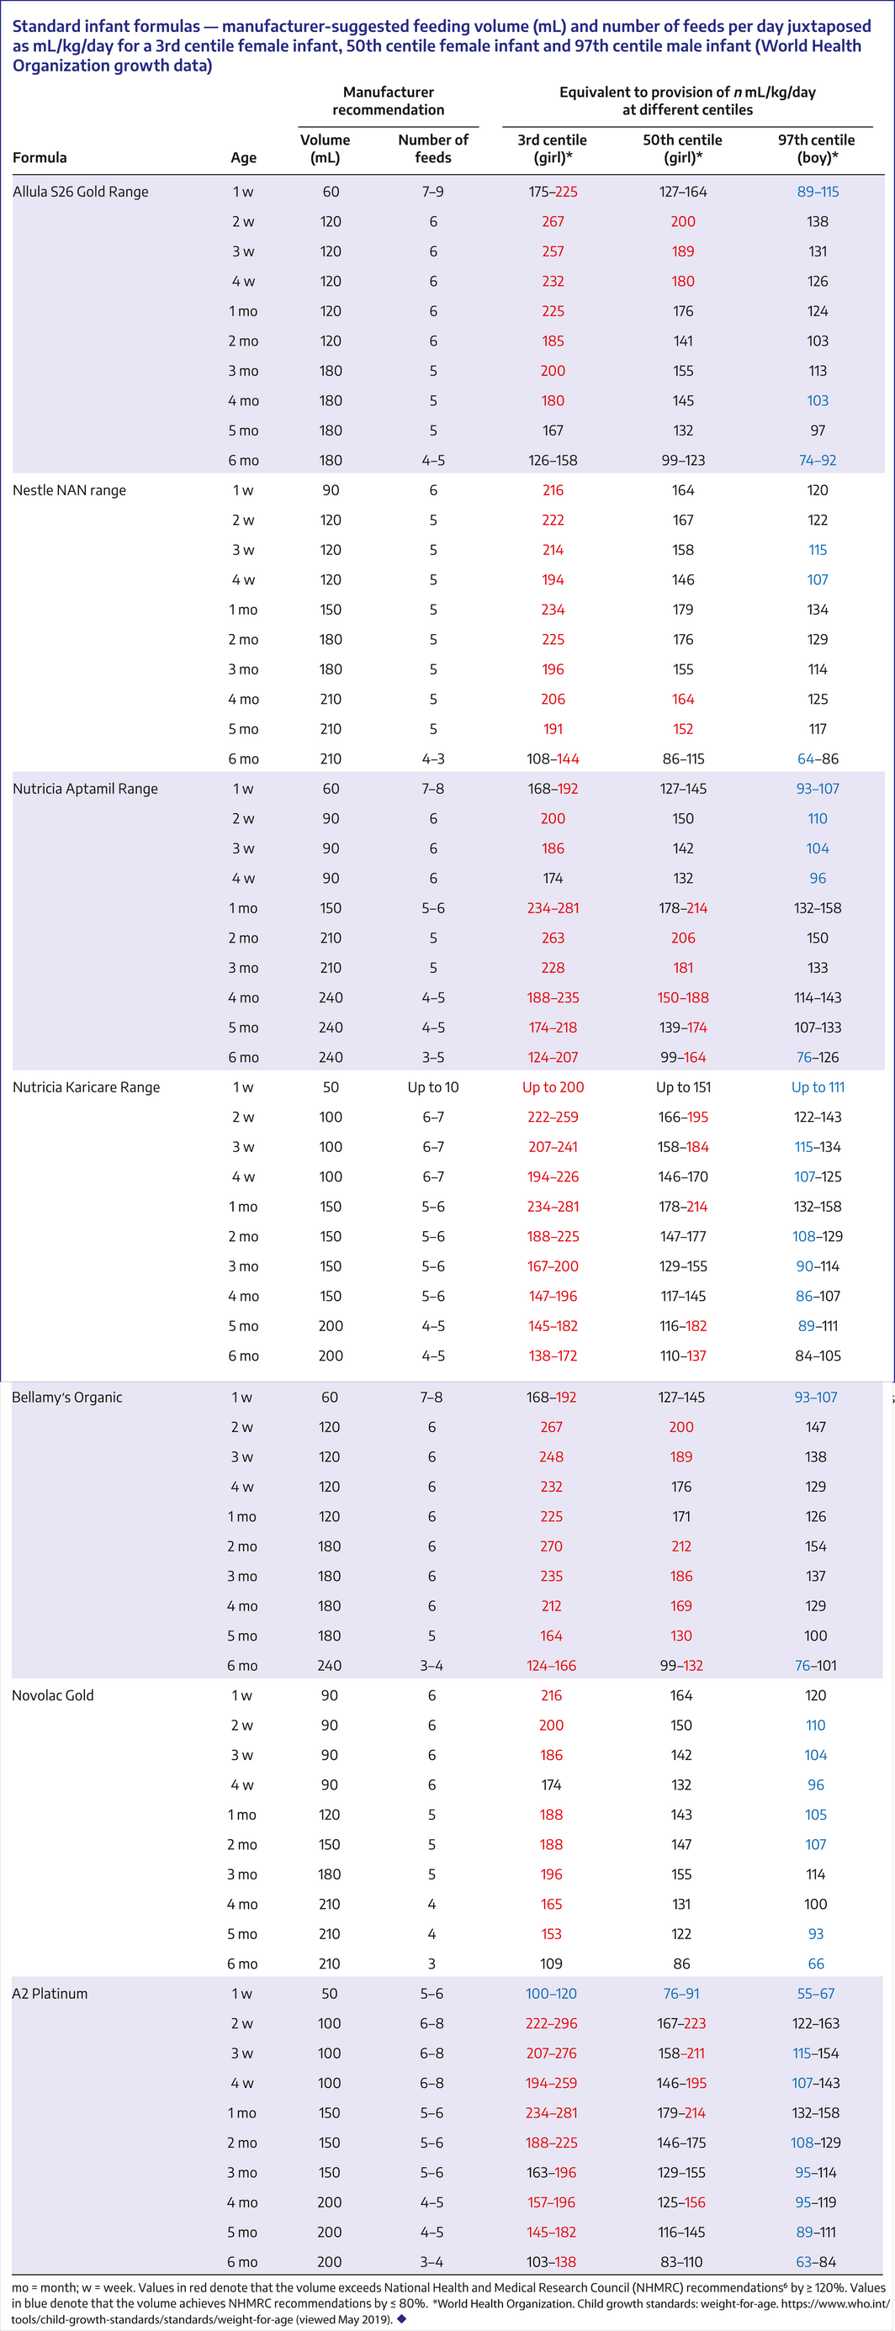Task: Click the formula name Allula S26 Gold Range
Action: point(81,192)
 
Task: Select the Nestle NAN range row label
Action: point(70,490)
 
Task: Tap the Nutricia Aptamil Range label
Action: point(85,789)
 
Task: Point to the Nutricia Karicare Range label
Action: point(86,1087)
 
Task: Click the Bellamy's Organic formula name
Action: point(67,1397)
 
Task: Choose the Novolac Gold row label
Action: point(52,1696)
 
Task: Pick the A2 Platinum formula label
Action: point(50,1995)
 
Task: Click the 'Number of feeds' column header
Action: point(433,148)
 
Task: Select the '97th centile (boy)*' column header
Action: point(816,148)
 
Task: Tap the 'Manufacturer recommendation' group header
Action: point(389,100)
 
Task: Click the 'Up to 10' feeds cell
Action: point(433,1087)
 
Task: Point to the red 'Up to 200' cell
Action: point(553,1087)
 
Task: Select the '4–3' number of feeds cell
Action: point(433,759)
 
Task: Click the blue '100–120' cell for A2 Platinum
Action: point(551,1995)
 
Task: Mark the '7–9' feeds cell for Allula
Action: point(433,192)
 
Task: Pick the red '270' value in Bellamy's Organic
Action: point(551,1546)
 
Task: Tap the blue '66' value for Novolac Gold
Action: point(816,1964)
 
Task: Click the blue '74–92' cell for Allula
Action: point(817,461)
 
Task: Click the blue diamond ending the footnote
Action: point(402,2319)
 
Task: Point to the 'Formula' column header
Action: point(40,157)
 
